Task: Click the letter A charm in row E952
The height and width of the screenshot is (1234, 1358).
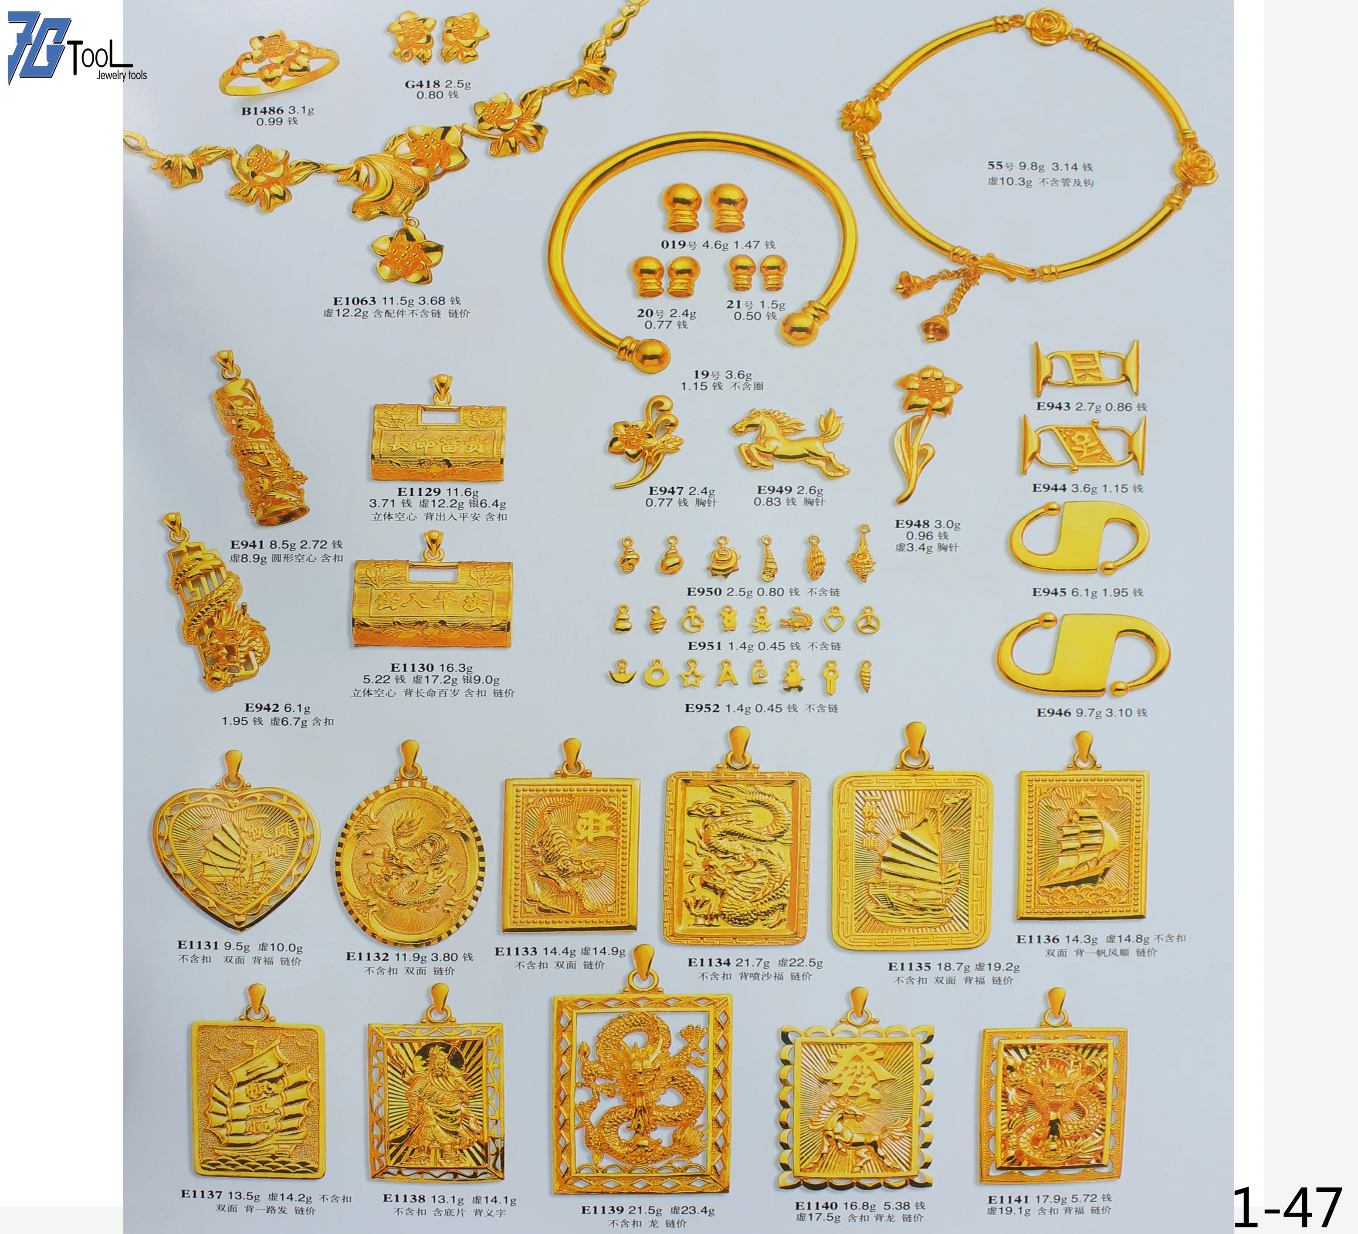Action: click(726, 673)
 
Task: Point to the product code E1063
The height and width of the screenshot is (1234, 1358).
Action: click(354, 301)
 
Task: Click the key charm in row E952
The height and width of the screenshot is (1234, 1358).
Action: click(830, 676)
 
